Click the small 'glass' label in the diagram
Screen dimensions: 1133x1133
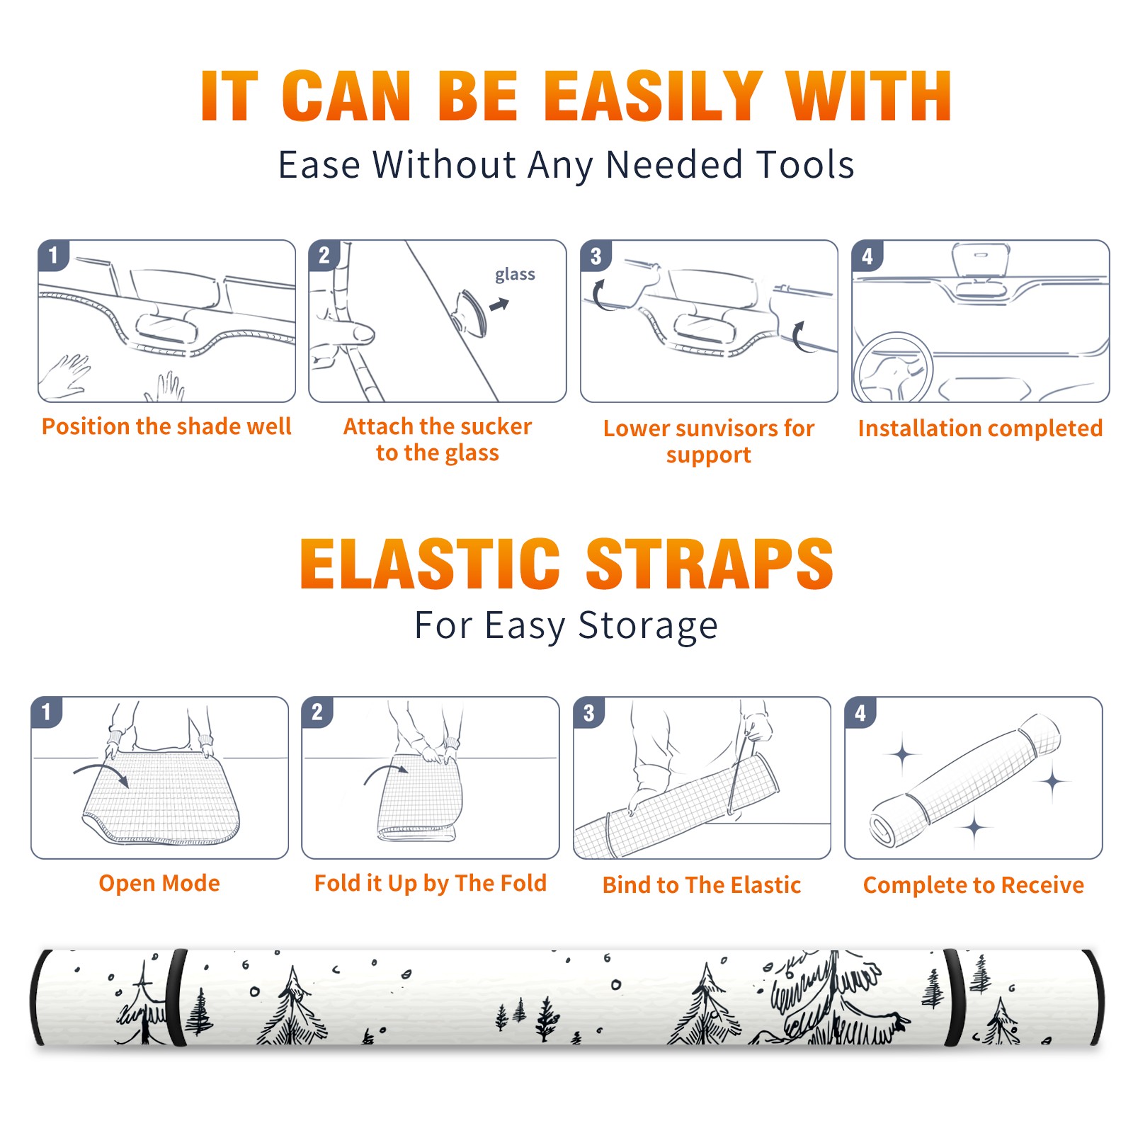click(x=515, y=275)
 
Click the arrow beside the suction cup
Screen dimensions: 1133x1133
click(x=499, y=304)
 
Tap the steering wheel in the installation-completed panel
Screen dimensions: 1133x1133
click(x=893, y=367)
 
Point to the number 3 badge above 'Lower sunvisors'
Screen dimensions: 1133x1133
click(x=595, y=256)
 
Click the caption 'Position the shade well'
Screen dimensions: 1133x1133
click(x=166, y=426)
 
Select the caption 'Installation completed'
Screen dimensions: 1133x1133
click(x=980, y=428)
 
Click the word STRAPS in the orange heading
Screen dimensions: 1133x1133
click(x=710, y=564)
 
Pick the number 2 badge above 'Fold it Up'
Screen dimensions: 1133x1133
click(x=317, y=712)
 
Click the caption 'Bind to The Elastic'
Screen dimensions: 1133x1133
click(x=701, y=885)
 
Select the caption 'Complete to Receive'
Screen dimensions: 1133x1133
click(x=973, y=885)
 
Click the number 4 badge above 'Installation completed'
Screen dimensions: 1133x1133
click(x=867, y=256)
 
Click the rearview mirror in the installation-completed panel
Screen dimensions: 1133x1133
click(x=981, y=260)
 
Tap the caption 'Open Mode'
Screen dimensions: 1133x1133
click(x=159, y=883)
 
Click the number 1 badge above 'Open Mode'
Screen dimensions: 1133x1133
click(x=46, y=712)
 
